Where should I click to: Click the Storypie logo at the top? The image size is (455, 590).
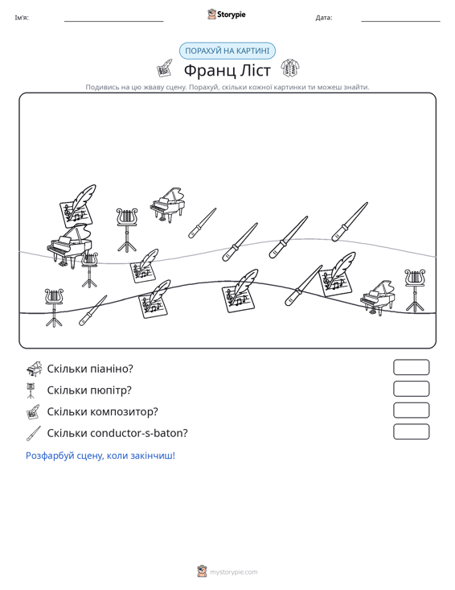tap(226, 14)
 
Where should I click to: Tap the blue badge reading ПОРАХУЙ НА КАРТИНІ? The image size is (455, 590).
tap(227, 51)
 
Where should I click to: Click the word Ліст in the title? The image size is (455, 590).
tap(255, 70)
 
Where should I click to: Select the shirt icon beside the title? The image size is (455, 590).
tap(290, 68)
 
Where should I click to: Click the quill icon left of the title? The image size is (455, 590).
tap(165, 68)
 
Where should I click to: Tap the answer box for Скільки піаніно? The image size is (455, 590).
tap(411, 367)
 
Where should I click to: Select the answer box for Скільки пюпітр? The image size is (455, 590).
tap(411, 389)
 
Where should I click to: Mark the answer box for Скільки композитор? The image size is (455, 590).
tap(411, 411)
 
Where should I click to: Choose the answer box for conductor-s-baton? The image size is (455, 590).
tap(411, 431)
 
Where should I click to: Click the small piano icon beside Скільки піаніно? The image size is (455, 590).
tap(34, 369)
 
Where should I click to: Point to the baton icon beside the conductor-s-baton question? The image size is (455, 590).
tap(34, 433)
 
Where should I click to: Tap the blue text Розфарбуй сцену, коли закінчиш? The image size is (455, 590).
tap(100, 456)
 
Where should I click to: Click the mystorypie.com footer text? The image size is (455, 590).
tap(233, 572)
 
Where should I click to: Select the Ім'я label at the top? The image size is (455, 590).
tap(22, 18)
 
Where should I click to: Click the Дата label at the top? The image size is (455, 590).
tap(323, 18)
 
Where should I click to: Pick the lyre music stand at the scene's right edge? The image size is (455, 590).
tap(415, 290)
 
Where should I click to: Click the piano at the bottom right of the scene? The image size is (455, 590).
tap(378, 296)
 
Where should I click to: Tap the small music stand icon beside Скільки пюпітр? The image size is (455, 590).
tap(31, 390)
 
